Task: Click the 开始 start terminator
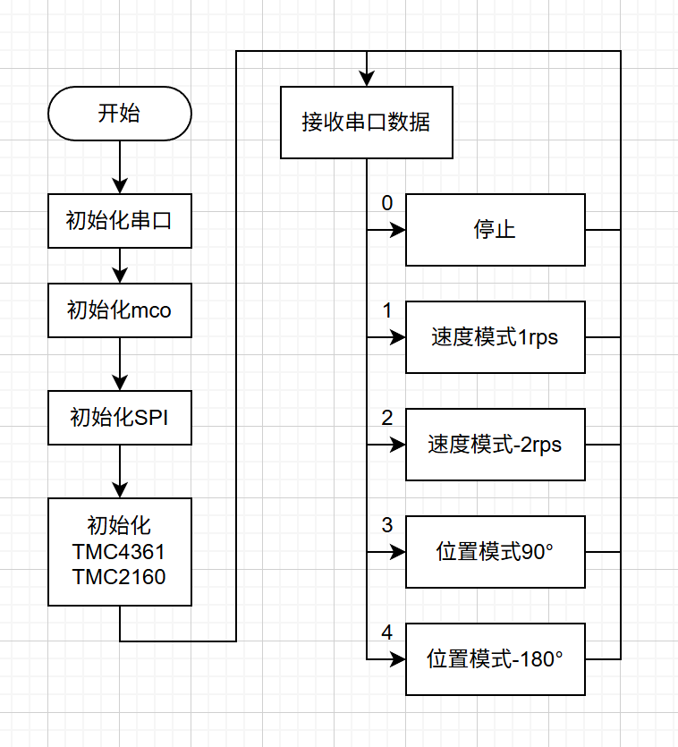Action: (x=119, y=114)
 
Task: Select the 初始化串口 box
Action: (x=119, y=220)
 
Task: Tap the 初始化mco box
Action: (x=119, y=310)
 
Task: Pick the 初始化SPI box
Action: (x=119, y=417)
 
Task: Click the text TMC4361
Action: (x=119, y=551)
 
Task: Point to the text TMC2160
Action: (x=119, y=577)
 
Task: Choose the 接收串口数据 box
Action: (x=366, y=123)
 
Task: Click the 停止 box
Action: (x=495, y=230)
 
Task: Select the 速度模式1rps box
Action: (x=495, y=337)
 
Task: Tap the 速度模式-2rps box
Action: (x=495, y=445)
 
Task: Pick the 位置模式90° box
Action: (x=495, y=552)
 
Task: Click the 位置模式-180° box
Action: (x=495, y=659)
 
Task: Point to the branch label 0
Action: (x=386, y=203)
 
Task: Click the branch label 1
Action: (x=386, y=310)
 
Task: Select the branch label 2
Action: (x=386, y=418)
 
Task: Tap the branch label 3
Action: (x=386, y=525)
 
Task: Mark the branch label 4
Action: (x=386, y=632)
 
